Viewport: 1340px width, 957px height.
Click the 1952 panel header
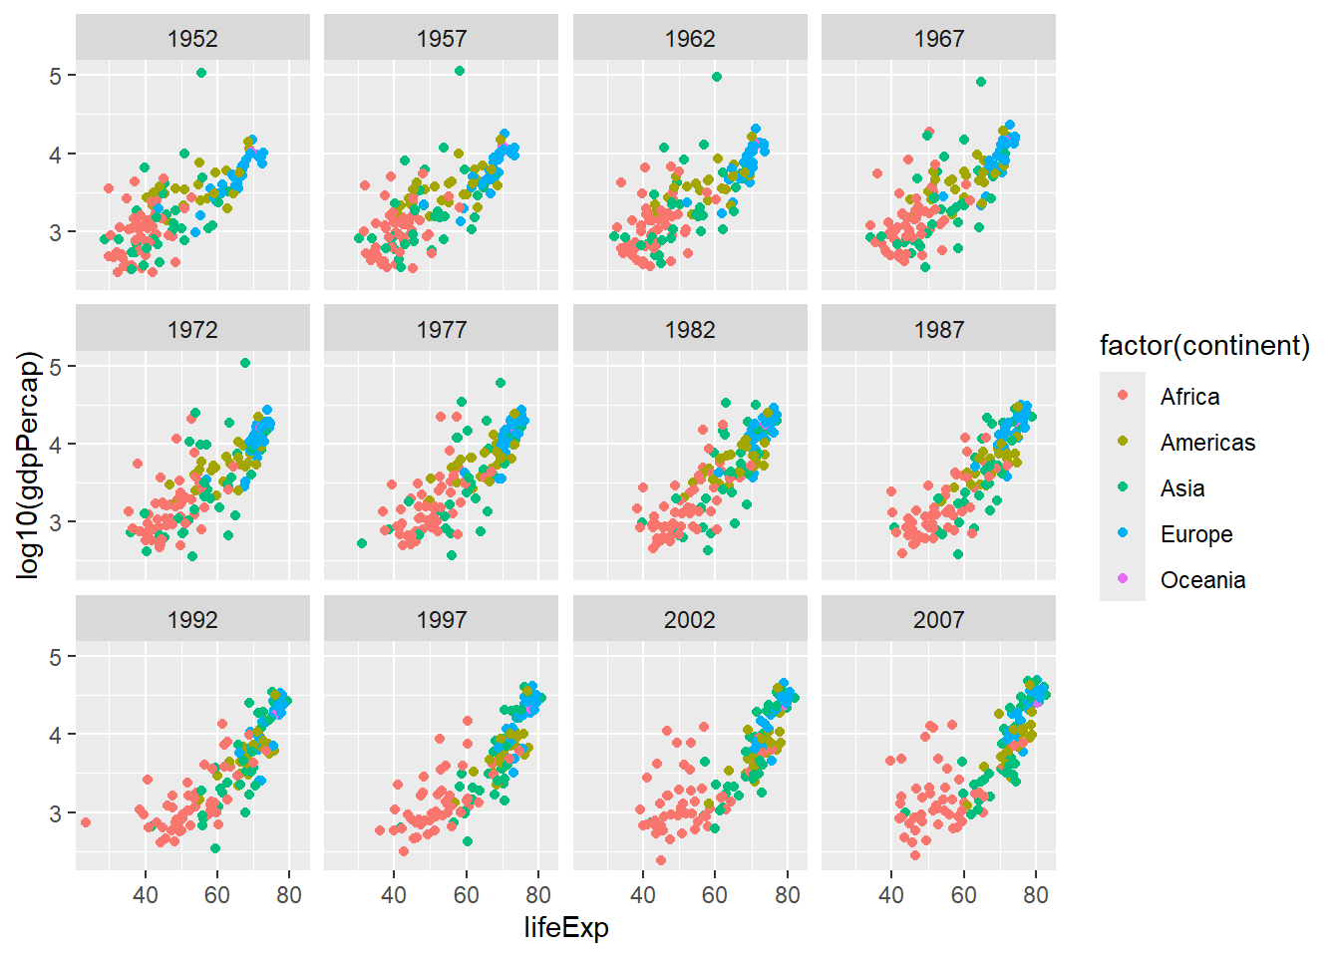(192, 39)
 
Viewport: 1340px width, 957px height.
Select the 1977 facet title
(441, 330)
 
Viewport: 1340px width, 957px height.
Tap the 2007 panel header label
(938, 620)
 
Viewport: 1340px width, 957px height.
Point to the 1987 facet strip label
(938, 330)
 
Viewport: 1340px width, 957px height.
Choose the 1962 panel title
(690, 39)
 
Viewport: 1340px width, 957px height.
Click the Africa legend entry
(1189, 397)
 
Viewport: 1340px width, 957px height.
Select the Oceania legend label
(1202, 580)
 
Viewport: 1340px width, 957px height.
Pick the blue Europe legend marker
(1124, 534)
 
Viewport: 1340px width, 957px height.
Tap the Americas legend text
(1207, 443)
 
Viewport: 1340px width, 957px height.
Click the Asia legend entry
(1182, 488)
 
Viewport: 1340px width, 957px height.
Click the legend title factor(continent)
(1204, 346)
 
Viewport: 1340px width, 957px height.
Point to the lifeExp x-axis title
(566, 928)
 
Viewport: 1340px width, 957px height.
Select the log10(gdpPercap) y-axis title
(30, 465)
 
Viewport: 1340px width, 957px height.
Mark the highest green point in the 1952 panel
(201, 73)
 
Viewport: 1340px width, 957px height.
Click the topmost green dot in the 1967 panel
(981, 82)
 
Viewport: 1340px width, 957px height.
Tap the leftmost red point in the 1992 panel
(86, 822)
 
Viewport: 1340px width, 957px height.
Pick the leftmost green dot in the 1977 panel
(362, 543)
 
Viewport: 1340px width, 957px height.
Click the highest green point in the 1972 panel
(245, 363)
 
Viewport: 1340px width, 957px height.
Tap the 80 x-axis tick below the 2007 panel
(1036, 895)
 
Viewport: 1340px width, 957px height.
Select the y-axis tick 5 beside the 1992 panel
(56, 657)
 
